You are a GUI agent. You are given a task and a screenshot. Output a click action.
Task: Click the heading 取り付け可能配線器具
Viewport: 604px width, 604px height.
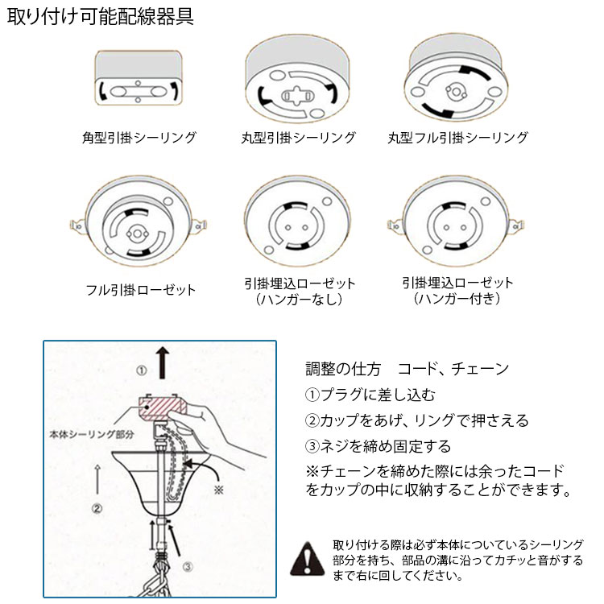click(100, 16)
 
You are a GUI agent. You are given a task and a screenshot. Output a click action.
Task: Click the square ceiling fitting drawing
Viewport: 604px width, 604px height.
click(139, 77)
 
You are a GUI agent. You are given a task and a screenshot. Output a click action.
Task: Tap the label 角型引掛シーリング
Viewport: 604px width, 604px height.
click(139, 137)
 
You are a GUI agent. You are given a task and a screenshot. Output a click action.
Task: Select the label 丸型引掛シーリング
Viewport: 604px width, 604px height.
click(298, 137)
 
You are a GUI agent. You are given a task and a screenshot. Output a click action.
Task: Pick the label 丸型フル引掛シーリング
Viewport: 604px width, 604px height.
click(457, 137)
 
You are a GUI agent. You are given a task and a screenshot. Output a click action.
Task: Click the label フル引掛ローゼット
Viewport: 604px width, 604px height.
click(141, 290)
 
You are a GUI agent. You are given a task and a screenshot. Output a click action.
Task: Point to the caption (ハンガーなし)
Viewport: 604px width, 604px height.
click(299, 299)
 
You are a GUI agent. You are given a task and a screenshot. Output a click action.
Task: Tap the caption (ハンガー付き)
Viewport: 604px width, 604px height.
click(457, 298)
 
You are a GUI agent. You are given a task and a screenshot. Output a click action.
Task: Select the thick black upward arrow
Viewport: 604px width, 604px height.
click(163, 362)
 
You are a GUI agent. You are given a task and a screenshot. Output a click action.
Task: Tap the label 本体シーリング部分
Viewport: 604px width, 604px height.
click(92, 434)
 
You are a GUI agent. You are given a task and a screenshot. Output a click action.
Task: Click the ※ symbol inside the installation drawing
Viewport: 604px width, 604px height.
click(219, 490)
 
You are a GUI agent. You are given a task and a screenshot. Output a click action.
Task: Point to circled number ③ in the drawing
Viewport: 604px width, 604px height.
click(188, 567)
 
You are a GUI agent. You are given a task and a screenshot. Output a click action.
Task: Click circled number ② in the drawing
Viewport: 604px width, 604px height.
click(97, 508)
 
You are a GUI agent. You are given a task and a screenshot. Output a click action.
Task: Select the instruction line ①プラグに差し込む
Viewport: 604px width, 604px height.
click(370, 395)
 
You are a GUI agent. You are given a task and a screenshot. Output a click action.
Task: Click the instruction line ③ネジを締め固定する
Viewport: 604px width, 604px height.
click(378, 446)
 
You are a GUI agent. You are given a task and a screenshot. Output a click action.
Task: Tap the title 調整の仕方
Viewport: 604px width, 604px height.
click(343, 369)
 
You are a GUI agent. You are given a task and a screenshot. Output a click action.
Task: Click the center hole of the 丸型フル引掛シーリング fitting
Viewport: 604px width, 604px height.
click(456, 92)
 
